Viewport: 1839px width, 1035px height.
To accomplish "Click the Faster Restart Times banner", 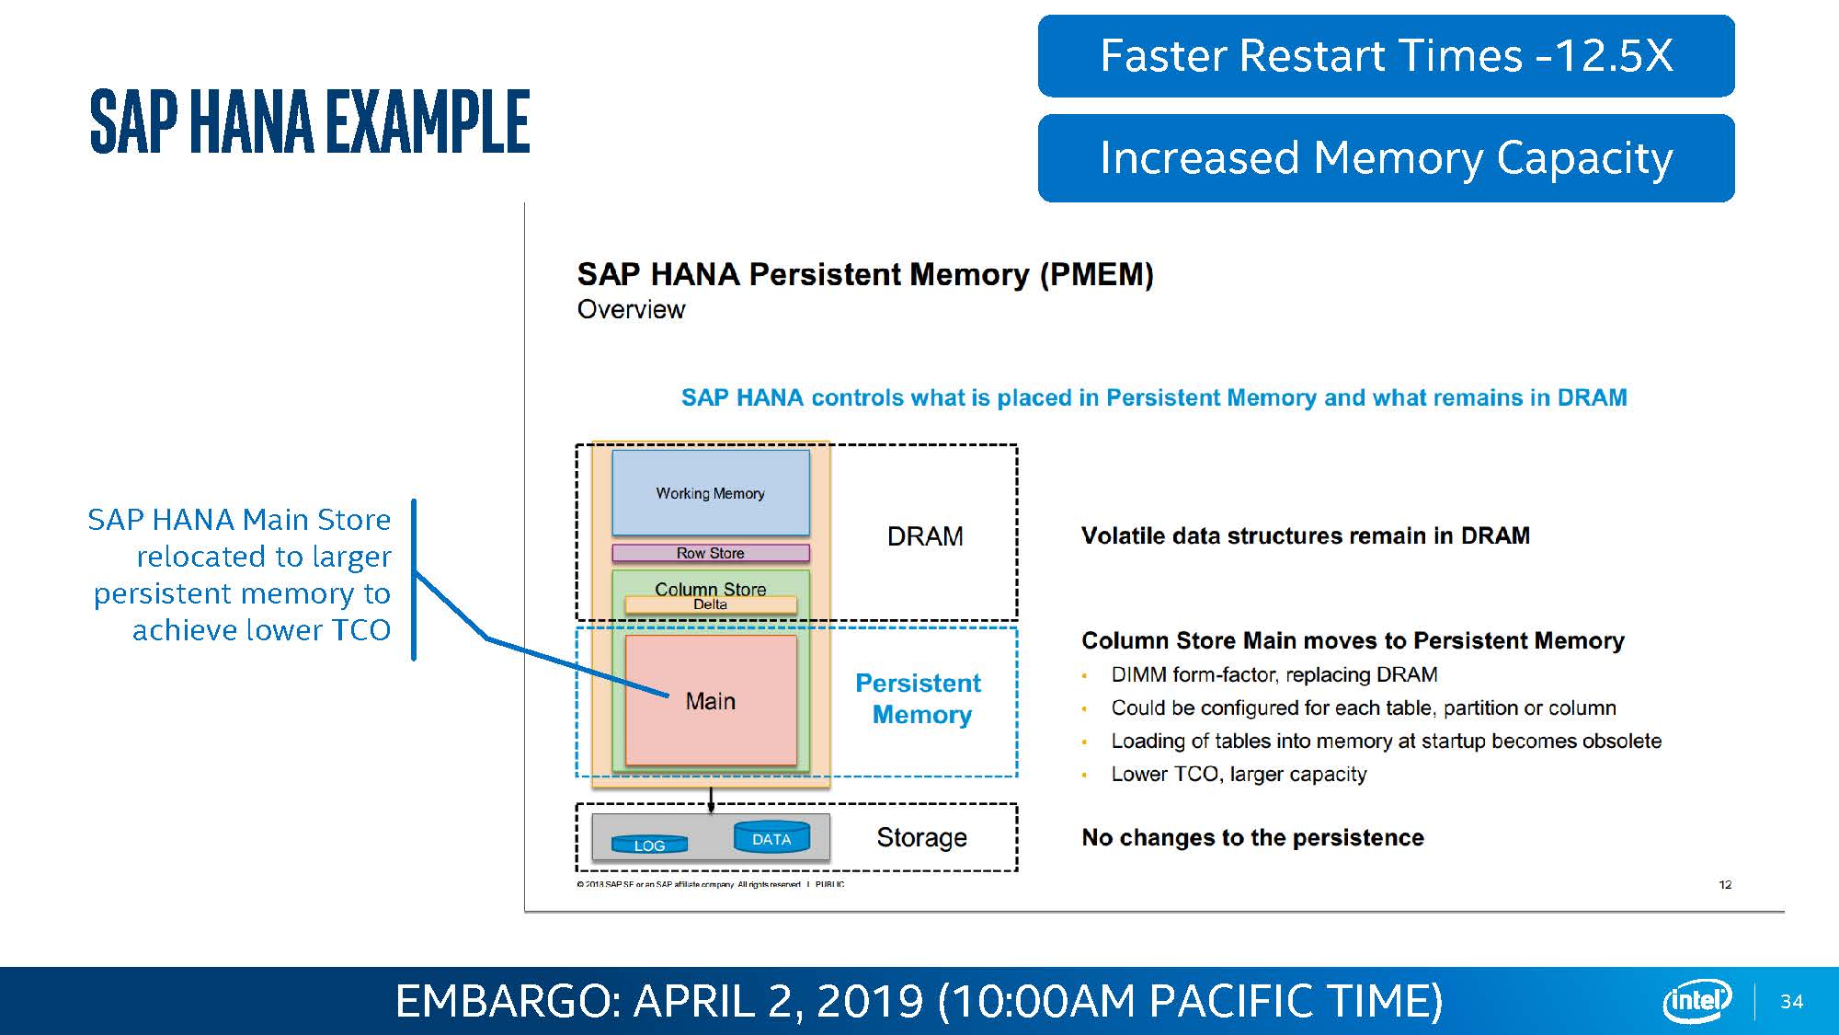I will coord(1386,56).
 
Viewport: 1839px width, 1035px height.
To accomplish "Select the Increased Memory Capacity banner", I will coord(1386,157).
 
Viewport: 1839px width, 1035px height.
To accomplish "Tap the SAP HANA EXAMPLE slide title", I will coord(310,121).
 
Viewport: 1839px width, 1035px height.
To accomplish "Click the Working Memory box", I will coord(710,493).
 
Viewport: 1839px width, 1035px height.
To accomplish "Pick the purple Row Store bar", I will coord(710,553).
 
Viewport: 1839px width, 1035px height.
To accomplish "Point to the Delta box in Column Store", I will coord(710,604).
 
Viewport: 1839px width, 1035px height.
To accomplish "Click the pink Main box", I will coord(710,701).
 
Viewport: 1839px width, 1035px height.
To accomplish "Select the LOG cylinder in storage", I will coord(649,845).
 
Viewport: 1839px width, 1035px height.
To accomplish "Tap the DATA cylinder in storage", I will coord(771,838).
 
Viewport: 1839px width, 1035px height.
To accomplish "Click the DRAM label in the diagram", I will coord(925,536).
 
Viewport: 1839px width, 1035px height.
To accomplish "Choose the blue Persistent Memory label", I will coord(919,698).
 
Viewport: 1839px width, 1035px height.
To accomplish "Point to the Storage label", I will coord(921,837).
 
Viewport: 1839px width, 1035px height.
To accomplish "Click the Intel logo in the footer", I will coord(1696,1000).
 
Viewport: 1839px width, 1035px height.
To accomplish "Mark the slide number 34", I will coord(1791,1002).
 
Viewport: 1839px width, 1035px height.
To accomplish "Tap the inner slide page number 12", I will coord(1725,884).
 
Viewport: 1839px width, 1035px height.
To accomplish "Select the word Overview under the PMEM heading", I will coord(631,310).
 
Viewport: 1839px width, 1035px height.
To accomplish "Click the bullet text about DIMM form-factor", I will coord(1274,674).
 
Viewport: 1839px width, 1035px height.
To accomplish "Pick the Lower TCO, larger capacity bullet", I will coord(1239,774).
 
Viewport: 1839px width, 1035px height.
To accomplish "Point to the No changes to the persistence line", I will coord(1252,837).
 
